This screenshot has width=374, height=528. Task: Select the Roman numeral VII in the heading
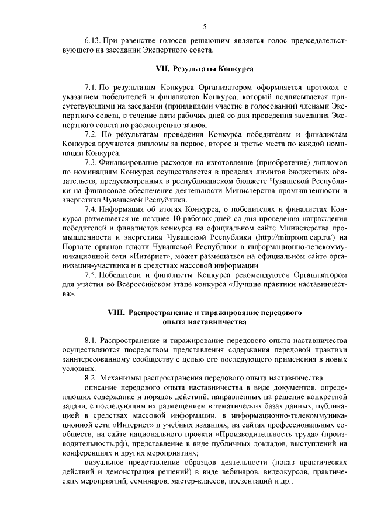click(162, 69)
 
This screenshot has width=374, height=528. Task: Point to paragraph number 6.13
click(94, 41)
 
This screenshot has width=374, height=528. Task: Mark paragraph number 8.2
click(91, 377)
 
